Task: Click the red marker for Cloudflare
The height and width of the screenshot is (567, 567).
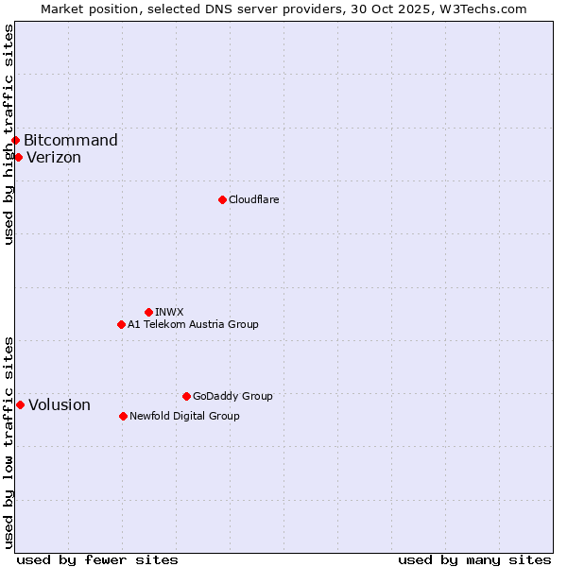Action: pyautogui.click(x=222, y=199)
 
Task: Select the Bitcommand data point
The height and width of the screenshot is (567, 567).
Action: pyautogui.click(x=15, y=141)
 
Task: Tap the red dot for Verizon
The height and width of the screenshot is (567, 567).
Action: pyautogui.click(x=18, y=157)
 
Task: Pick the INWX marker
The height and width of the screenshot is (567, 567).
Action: pyautogui.click(x=148, y=312)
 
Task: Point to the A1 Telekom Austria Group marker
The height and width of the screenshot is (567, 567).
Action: pyautogui.click(x=121, y=324)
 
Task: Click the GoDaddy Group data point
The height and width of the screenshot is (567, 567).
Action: pyautogui.click(x=186, y=396)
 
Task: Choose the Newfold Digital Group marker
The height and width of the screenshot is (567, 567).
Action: pyautogui.click(x=123, y=416)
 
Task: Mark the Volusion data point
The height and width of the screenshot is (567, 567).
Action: pyautogui.click(x=20, y=404)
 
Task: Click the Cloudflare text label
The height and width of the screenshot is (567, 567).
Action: pyautogui.click(x=253, y=199)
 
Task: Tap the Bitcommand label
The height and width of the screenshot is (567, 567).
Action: pyautogui.click(x=71, y=141)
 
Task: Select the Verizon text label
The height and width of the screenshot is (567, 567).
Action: pyautogui.click(x=54, y=158)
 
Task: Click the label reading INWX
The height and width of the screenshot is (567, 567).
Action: pyautogui.click(x=169, y=312)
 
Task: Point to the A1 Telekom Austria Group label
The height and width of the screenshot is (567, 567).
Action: pyautogui.click(x=193, y=324)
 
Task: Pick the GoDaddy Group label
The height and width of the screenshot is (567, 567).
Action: pyautogui.click(x=232, y=396)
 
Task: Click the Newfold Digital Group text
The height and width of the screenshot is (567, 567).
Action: pyautogui.click(x=184, y=416)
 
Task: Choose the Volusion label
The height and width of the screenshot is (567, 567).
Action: pyautogui.click(x=60, y=405)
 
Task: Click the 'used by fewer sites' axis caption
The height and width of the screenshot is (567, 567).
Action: pyautogui.click(x=97, y=559)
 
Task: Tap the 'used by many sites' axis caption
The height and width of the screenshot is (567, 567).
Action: pyautogui.click(x=474, y=559)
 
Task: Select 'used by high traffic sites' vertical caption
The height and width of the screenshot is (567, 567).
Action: pyautogui.click(x=9, y=134)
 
